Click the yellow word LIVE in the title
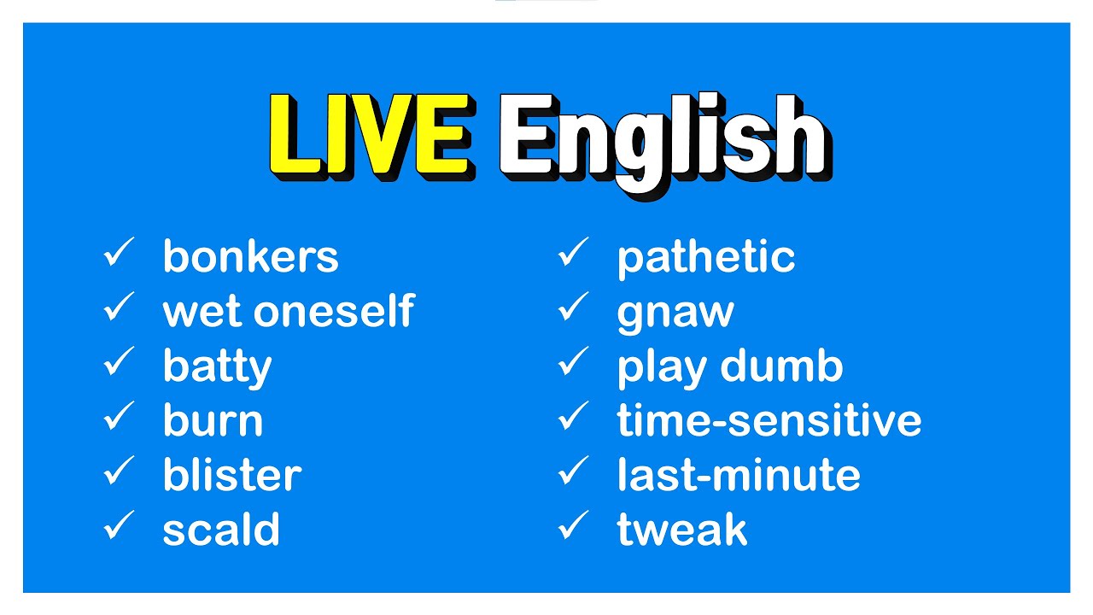pos(369,137)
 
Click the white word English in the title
pos(662,141)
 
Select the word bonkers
pos(250,257)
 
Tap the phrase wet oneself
pos(288,312)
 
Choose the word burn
pos(213,421)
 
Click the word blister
pos(231,476)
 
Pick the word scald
pos(221,530)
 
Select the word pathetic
pos(705,257)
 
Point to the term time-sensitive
pos(769,421)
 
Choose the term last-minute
pos(738,476)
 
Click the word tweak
pos(681,530)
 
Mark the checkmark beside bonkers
pos(119,255)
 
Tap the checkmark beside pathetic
pos(573,255)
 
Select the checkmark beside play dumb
pos(573,364)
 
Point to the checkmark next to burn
pos(119,419)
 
